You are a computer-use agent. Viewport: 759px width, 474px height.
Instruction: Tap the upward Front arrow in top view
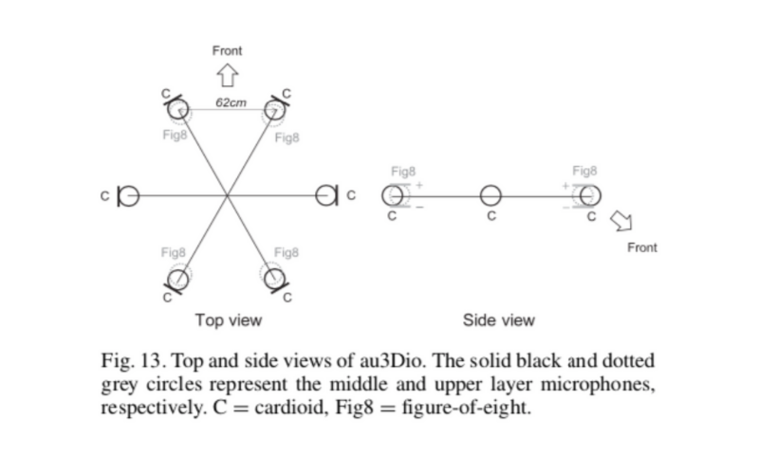pyautogui.click(x=226, y=74)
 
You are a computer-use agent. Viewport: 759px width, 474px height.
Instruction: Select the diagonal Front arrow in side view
pyautogui.click(x=621, y=222)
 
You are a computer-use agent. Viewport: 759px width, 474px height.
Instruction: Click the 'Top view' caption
pyautogui.click(x=228, y=319)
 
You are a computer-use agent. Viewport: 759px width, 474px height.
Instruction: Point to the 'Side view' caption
pyautogui.click(x=498, y=319)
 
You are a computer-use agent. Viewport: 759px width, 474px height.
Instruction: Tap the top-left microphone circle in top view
pyautogui.click(x=178, y=111)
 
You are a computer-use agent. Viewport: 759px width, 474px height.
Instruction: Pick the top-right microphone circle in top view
pyautogui.click(x=275, y=111)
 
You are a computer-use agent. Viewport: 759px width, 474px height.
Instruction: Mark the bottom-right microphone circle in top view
pyautogui.click(x=275, y=279)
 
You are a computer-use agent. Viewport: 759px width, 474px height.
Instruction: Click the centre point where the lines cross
pyautogui.click(x=227, y=196)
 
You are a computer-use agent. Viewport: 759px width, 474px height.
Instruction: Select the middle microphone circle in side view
pyautogui.click(x=490, y=195)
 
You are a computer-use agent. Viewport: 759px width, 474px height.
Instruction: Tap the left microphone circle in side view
pyautogui.click(x=392, y=195)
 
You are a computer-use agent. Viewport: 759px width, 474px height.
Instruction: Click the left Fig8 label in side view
pyautogui.click(x=403, y=172)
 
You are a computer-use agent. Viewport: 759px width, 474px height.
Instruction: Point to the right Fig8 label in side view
pyautogui.click(x=584, y=172)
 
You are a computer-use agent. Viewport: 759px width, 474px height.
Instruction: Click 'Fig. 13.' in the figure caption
pyautogui.click(x=132, y=362)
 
